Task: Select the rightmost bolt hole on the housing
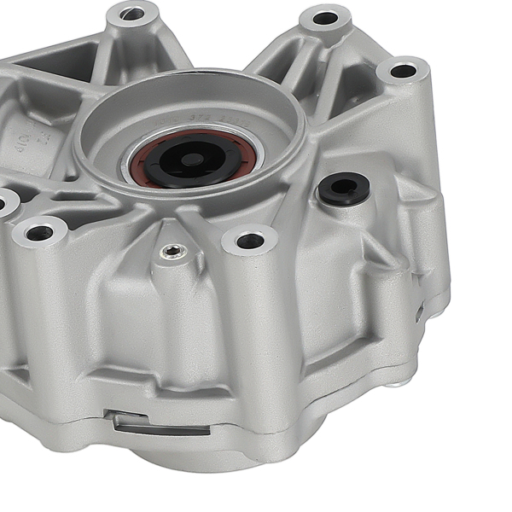click(x=403, y=71)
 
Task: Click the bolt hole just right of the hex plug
click(x=250, y=241)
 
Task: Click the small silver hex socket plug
click(x=173, y=251)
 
